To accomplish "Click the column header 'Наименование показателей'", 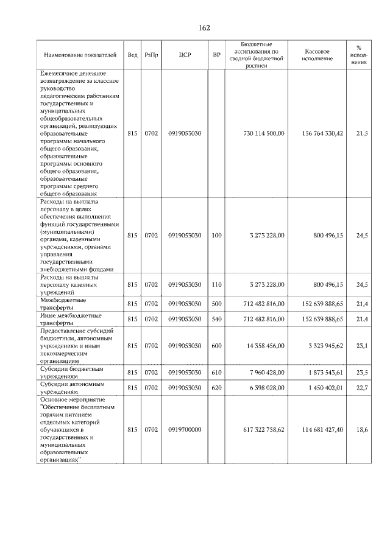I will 79,55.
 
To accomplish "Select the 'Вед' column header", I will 133,55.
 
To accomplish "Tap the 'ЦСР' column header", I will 185,55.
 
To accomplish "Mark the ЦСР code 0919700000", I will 185,430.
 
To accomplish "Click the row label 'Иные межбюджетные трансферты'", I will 71,319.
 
